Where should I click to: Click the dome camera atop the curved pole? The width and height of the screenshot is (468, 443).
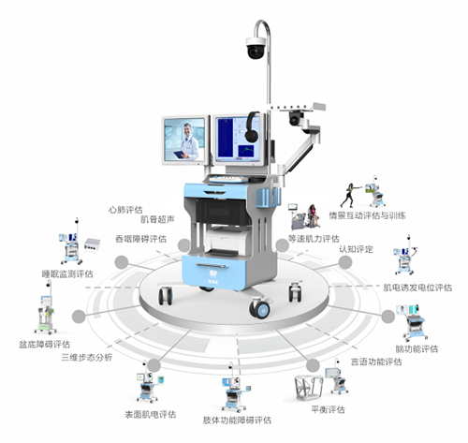pos(256,48)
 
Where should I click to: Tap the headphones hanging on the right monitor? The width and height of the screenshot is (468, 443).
pos(252,127)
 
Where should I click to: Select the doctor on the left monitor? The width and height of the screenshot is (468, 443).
pos(189,141)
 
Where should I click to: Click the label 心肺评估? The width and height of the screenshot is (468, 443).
pos(125,210)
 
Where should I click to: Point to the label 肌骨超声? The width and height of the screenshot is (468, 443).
pos(157,219)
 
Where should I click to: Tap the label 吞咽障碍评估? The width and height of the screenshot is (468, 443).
pos(141,239)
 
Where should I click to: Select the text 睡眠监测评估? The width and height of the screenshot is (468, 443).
pos(67,274)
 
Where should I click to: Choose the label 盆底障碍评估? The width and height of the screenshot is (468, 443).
pos(45,345)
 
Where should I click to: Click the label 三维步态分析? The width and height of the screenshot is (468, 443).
pos(87,358)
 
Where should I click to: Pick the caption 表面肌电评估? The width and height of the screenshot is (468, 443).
pos(151,415)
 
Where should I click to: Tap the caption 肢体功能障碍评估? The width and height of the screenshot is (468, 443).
pos(237,421)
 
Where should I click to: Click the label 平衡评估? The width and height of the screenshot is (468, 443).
pos(328,409)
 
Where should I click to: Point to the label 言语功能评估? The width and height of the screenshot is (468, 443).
pos(376,362)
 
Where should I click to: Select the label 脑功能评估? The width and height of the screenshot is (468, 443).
pos(417,349)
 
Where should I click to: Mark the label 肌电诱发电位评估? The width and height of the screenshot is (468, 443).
pos(417,288)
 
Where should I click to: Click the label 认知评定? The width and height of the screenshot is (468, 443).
pos(356,249)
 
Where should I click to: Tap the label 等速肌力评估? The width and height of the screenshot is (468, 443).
pos(314,239)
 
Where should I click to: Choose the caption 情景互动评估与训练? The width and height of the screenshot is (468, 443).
pos(368,215)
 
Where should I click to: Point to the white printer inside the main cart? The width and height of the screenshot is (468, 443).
pos(227,242)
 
